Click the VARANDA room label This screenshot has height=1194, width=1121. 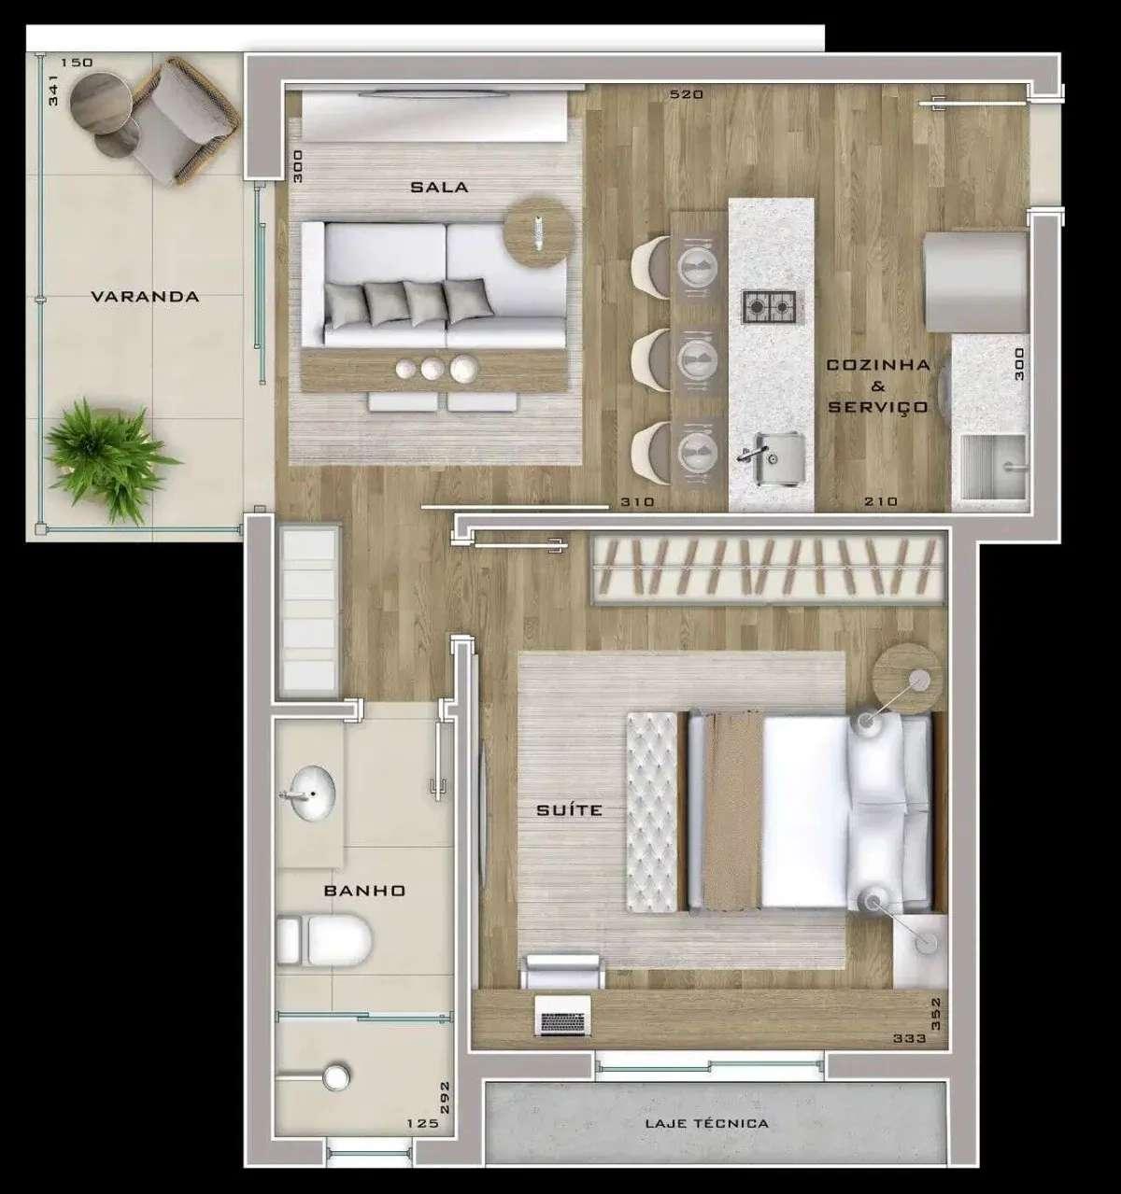click(x=145, y=296)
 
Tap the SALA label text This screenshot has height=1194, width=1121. click(x=439, y=188)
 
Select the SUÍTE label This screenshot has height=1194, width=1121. click(x=569, y=809)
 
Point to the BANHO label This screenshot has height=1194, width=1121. click(x=364, y=890)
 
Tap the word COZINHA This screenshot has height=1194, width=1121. click(x=878, y=365)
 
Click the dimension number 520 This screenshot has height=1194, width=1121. click(x=687, y=93)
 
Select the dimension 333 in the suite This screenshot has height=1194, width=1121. click(x=909, y=1038)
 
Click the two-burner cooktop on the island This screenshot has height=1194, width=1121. click(x=769, y=307)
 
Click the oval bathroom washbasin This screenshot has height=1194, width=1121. click(x=307, y=794)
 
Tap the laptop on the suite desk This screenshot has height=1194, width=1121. click(x=563, y=1015)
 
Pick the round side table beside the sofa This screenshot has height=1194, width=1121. click(x=537, y=232)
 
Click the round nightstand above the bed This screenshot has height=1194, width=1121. click(x=907, y=679)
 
